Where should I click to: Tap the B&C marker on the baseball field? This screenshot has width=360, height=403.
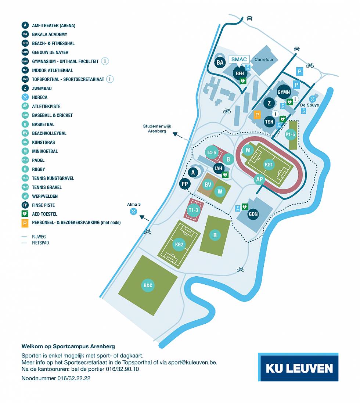(148, 285)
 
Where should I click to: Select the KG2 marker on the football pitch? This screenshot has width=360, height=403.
(179, 244)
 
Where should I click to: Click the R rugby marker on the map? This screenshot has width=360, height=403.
(215, 235)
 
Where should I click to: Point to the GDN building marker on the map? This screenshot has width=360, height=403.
(253, 214)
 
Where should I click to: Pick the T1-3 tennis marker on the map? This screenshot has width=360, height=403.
(193, 210)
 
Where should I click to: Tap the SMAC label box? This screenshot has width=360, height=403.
(239, 60)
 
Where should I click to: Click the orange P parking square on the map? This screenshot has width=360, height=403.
(257, 115)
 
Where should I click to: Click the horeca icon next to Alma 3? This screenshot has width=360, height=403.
(133, 212)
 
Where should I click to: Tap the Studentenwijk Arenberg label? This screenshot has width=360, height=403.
(155, 129)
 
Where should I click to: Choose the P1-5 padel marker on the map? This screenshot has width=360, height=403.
(290, 135)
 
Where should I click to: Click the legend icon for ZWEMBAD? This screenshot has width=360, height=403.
(25, 89)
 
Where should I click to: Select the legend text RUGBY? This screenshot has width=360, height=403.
(39, 169)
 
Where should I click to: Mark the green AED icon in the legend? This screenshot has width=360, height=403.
(25, 214)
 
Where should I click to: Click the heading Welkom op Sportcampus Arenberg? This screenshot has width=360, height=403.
(68, 346)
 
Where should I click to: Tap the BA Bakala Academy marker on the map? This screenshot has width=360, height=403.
(220, 63)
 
